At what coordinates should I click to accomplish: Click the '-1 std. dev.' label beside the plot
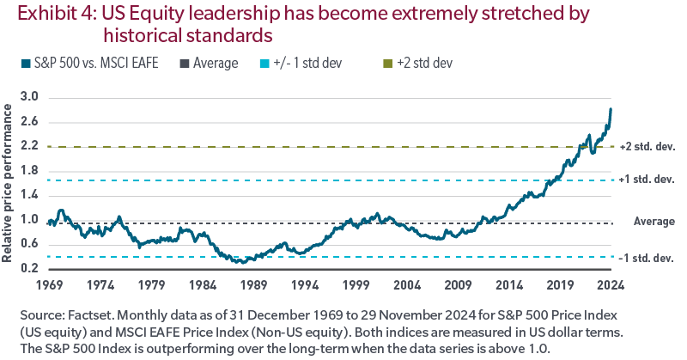click(x=649, y=258)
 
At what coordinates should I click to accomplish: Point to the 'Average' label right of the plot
click(x=654, y=221)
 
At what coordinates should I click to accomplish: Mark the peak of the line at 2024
click(x=611, y=109)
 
